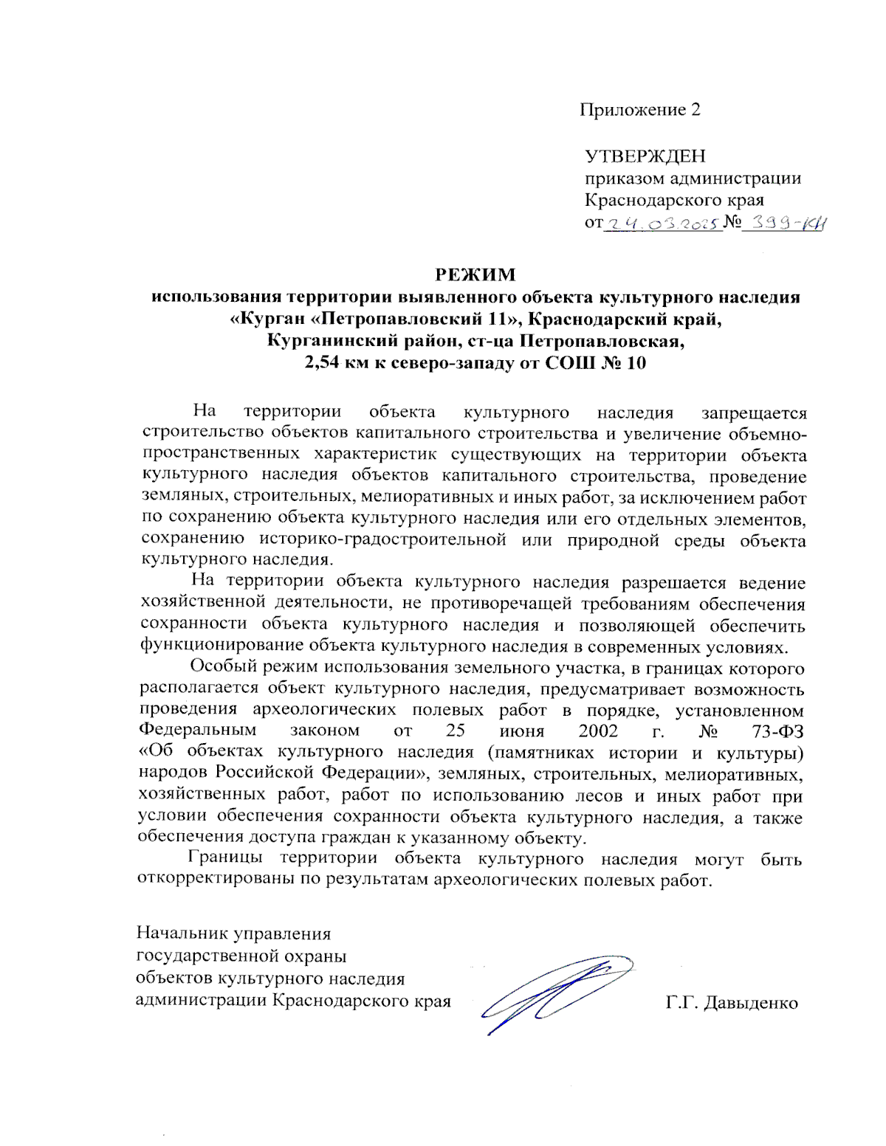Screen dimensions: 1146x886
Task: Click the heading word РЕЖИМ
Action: [x=475, y=275]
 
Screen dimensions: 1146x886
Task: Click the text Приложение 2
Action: [x=639, y=110]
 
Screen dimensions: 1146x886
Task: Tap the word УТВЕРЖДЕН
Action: [x=645, y=156]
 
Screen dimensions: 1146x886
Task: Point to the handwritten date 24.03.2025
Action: [x=662, y=223]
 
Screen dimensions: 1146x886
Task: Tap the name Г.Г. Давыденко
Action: [x=731, y=1003]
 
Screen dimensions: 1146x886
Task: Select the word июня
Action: [x=521, y=731]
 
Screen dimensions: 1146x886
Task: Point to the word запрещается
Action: [x=753, y=413]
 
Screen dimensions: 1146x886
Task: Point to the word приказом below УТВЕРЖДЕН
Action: [x=625, y=178]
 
